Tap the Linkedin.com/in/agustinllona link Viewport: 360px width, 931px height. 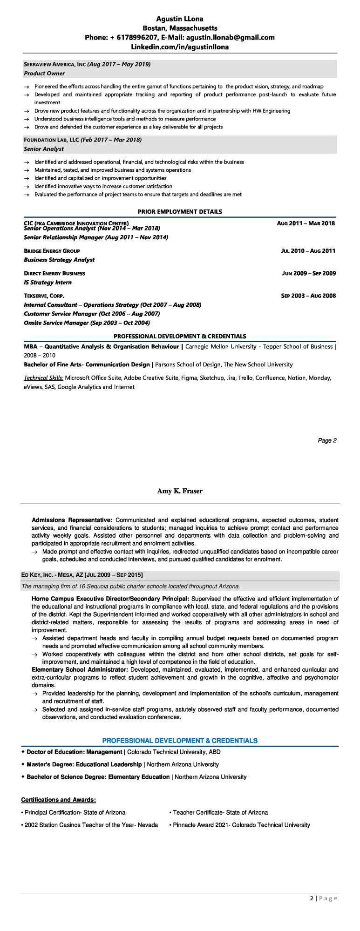(x=180, y=47)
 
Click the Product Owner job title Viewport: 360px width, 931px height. (x=44, y=74)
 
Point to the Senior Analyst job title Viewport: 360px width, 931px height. (x=44, y=149)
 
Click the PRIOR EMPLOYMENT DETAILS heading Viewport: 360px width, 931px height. (x=180, y=211)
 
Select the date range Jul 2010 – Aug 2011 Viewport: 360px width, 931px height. (x=308, y=251)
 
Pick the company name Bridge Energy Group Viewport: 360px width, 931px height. (x=52, y=251)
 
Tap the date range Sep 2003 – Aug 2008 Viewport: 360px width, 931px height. (x=308, y=296)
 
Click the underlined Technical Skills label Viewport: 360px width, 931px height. (x=44, y=378)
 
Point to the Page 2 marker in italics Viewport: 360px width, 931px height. (x=327, y=440)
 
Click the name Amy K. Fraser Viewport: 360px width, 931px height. (x=180, y=491)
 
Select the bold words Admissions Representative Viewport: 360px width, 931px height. (x=72, y=519)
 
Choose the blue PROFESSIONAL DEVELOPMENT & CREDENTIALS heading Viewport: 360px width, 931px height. (x=180, y=740)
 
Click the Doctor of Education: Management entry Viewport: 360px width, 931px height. (x=74, y=752)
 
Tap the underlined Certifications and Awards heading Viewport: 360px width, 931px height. (x=59, y=800)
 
